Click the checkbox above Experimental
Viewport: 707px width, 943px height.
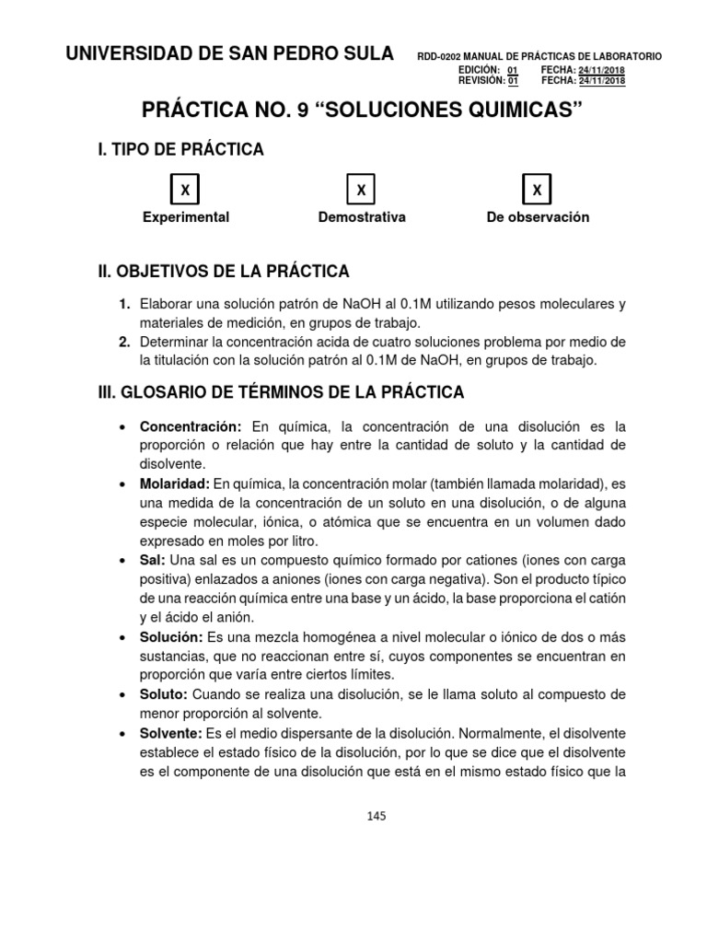185,190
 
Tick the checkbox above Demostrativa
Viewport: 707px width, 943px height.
361,190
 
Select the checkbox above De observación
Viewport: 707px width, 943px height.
537,190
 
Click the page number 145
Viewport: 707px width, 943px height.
376,816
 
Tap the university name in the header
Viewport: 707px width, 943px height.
230,52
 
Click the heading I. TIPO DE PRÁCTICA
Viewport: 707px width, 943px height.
180,149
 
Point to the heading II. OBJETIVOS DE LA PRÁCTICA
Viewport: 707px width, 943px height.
224,271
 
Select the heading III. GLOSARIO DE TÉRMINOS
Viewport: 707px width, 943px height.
281,392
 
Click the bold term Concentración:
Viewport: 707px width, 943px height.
190,426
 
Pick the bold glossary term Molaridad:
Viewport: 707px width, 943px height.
175,483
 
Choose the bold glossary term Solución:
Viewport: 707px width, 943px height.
170,636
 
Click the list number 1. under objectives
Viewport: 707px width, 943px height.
123,304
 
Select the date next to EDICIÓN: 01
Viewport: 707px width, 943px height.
603,70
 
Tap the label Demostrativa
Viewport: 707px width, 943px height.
362,217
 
